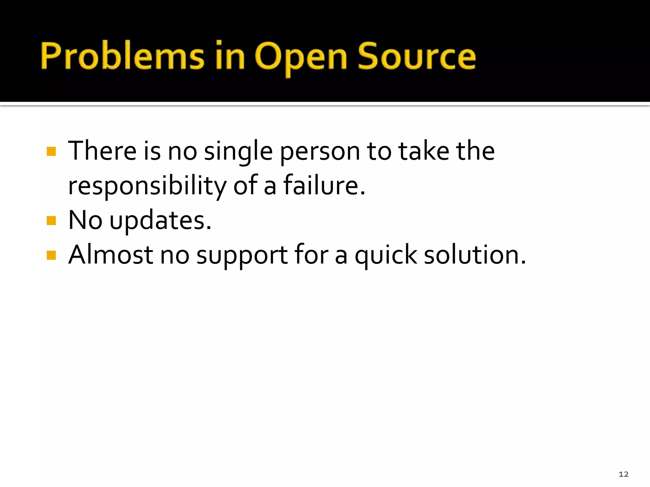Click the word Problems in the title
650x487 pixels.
122,56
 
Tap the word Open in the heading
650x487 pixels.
301,57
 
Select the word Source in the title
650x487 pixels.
417,56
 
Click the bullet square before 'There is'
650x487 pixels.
51,151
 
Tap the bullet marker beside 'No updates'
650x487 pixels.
51,220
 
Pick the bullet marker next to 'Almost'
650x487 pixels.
51,255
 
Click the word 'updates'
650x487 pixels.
160,221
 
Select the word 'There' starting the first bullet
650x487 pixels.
102,151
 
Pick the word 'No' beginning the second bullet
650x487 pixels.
85,220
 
